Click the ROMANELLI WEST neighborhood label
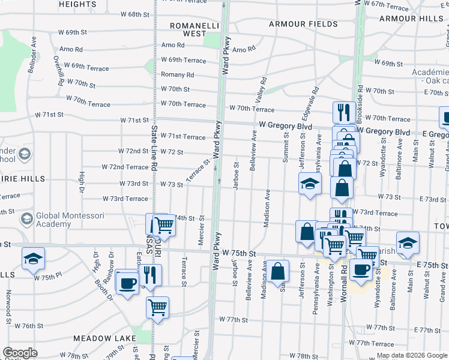point(187,29)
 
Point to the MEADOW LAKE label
point(104,339)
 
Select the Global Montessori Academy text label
point(70,220)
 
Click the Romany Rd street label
point(177,75)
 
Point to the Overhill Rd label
point(58,70)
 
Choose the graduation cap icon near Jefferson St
point(310,183)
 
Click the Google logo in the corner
point(20,353)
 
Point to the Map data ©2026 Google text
point(411,355)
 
